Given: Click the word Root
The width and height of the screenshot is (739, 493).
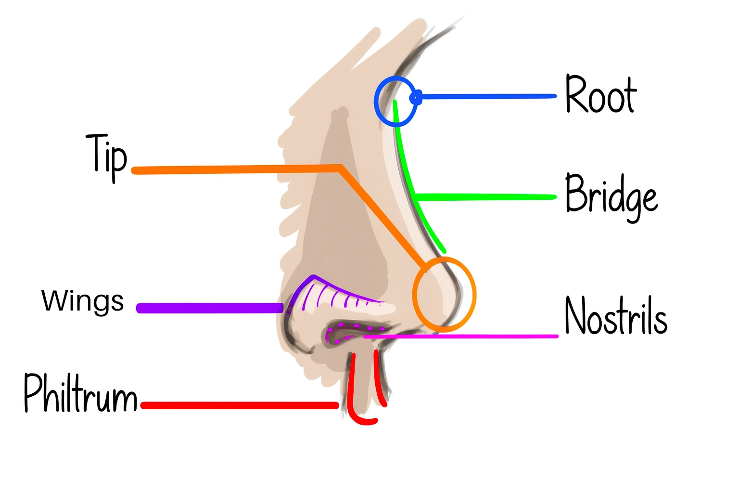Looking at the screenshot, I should pos(600,95).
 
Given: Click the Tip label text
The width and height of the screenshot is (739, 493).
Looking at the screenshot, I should pos(107,155).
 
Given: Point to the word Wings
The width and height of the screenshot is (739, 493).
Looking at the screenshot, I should pos(83,301).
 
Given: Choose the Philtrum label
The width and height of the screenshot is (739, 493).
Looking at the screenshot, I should pos(81,394).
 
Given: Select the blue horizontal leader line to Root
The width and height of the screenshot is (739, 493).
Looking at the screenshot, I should pos(486,97).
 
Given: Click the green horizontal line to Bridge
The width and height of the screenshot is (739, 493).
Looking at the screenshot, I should pos(486,197).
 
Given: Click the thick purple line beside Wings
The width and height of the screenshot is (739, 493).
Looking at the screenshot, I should pos(209,308).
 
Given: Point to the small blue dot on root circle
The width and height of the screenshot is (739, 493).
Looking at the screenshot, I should pos(417,97).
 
